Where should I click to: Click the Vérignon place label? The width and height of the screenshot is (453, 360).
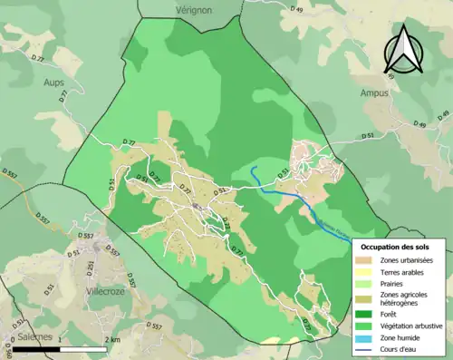(x=194, y=7)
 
